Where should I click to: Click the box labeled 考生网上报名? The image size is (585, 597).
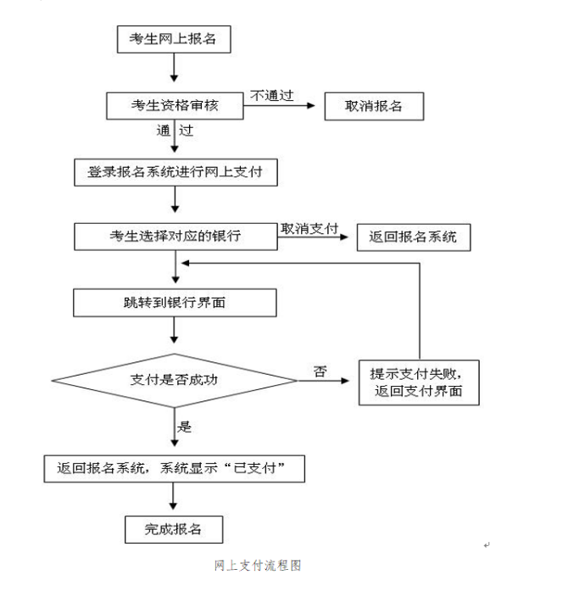click(173, 39)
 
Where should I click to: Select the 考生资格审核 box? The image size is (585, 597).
click(173, 105)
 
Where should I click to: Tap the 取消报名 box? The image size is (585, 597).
click(373, 106)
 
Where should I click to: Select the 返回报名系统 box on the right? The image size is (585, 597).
click(413, 237)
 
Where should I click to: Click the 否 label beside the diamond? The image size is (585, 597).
click(320, 371)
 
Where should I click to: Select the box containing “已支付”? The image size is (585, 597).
click(174, 467)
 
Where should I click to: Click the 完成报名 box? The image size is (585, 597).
click(174, 528)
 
